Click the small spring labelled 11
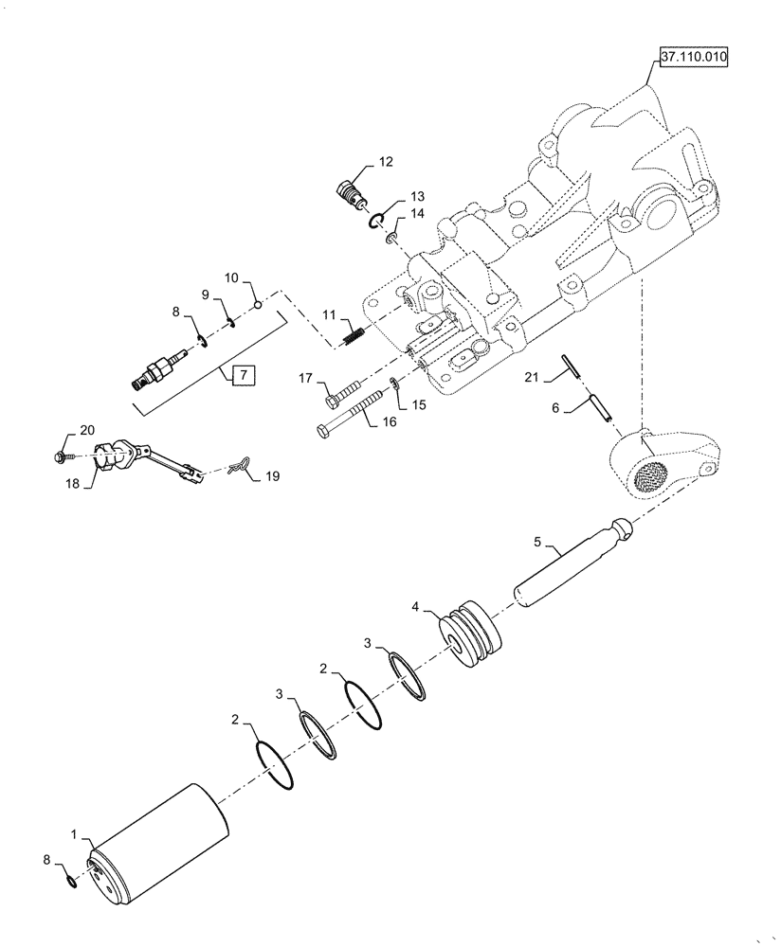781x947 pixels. coord(351,334)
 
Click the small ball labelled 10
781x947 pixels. coord(256,304)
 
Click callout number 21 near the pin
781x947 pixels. coord(532,379)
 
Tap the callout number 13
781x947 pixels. coord(417,196)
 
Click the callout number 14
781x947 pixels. coord(417,215)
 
